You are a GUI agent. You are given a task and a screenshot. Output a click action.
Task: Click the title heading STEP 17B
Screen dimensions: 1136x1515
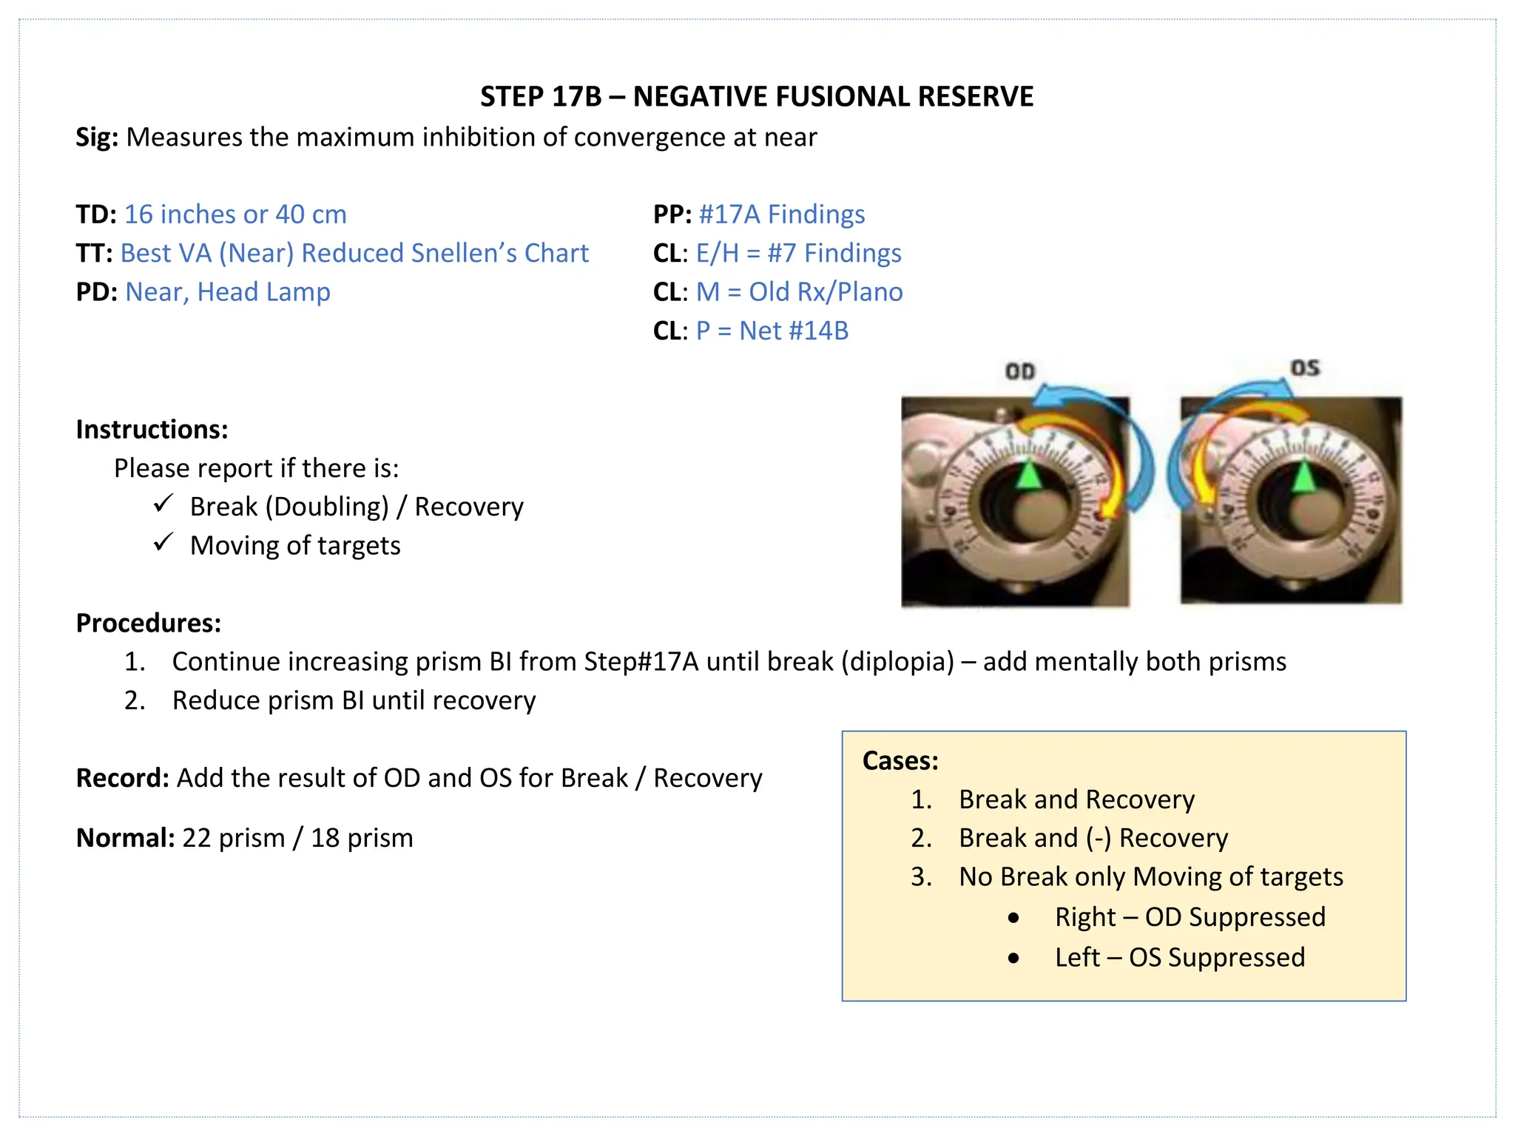pos(757,97)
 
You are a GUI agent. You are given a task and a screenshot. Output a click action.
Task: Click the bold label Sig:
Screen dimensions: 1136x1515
pos(97,138)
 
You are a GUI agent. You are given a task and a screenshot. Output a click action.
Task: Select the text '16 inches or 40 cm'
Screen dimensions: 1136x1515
pos(235,214)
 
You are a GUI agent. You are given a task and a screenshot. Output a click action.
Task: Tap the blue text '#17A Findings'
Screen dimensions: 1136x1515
pos(781,214)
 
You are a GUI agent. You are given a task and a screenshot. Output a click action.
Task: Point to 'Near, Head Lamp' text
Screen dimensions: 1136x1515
pos(227,292)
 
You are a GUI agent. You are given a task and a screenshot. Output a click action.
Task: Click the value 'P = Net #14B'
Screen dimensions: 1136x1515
pos(772,331)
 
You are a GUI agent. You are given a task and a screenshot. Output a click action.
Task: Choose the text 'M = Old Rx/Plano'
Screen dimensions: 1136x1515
pos(799,292)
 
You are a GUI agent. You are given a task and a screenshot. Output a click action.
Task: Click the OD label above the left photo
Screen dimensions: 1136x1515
pos(1020,371)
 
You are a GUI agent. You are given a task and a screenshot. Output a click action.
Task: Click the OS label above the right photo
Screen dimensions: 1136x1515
pos(1305,368)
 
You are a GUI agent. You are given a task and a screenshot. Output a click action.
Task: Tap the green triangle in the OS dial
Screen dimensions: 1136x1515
pos(1303,477)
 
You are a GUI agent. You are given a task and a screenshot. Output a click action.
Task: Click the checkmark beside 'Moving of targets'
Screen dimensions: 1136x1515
pos(163,543)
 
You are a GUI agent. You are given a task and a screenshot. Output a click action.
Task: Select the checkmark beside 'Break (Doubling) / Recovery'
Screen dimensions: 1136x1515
pos(163,504)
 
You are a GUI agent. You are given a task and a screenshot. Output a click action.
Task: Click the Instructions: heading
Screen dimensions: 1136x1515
pos(152,430)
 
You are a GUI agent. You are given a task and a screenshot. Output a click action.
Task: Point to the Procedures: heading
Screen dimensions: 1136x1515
pos(148,623)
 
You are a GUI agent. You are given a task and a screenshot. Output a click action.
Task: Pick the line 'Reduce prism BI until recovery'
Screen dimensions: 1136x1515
pos(354,700)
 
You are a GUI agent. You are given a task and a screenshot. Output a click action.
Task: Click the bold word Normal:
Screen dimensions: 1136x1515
pos(125,838)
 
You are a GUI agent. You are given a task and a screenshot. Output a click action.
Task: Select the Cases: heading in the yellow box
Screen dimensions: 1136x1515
pos(900,761)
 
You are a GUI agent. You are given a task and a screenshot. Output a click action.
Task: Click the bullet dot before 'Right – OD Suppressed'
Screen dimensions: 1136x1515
pos(1013,919)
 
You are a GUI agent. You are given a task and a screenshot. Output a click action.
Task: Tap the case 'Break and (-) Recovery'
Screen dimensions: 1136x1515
pos(1093,838)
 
